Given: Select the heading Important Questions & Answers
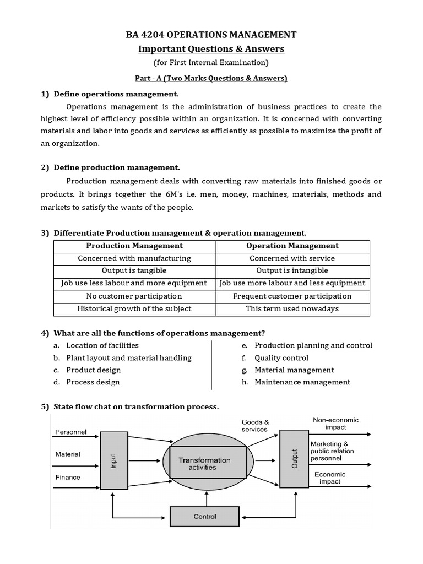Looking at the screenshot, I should coord(211,49).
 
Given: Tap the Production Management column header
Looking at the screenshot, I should coord(134,246).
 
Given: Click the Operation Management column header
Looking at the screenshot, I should coord(292,246).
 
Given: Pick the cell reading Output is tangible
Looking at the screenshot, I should coord(134,270).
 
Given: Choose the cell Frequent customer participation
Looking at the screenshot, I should coord(292,296).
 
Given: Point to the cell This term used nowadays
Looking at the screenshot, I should coord(292,308).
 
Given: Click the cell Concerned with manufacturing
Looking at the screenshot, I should coord(134,258).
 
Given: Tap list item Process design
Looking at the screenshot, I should coord(93,382).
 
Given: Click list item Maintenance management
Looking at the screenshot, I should coord(302,382).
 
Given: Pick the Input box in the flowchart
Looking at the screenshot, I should coord(113,460).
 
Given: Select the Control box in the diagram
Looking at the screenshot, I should coord(204,517).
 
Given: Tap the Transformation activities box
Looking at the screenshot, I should coord(208,464).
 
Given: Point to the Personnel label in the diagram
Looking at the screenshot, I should coord(71,432).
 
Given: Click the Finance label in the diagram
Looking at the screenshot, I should coord(68,478).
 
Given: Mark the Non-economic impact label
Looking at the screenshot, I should coord(335,423).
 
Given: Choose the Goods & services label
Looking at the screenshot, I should coord(254,426).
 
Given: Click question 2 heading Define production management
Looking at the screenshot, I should coord(116,167).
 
